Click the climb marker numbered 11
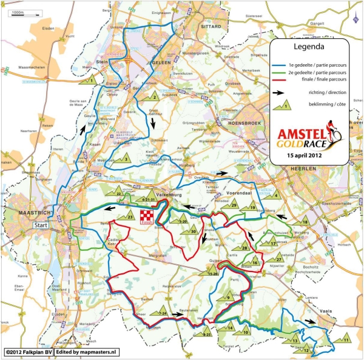[x=345, y=338]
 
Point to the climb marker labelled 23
[x=128, y=216]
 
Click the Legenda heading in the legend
[x=309, y=46]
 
